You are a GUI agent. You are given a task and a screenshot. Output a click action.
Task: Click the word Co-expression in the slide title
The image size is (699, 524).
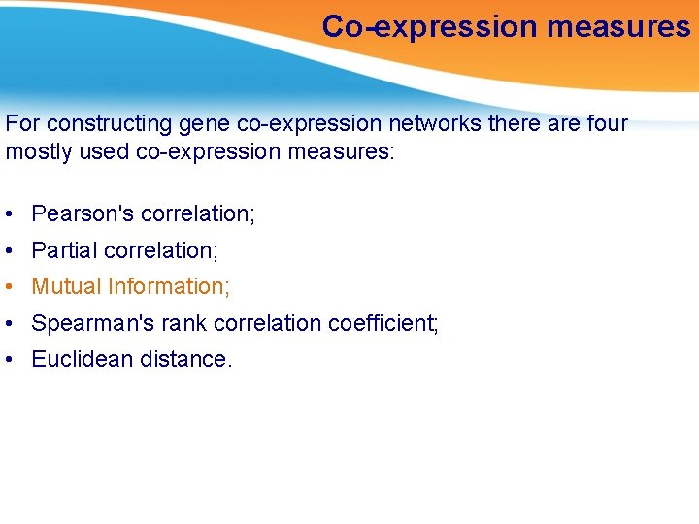click(430, 27)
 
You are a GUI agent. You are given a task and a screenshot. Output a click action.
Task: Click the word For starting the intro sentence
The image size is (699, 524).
click(23, 124)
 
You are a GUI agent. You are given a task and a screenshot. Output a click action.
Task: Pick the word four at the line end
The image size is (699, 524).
click(606, 124)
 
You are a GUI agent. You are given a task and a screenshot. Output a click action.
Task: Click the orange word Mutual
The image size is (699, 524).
click(66, 286)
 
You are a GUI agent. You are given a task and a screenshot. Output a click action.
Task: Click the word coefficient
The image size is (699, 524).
click(383, 323)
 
